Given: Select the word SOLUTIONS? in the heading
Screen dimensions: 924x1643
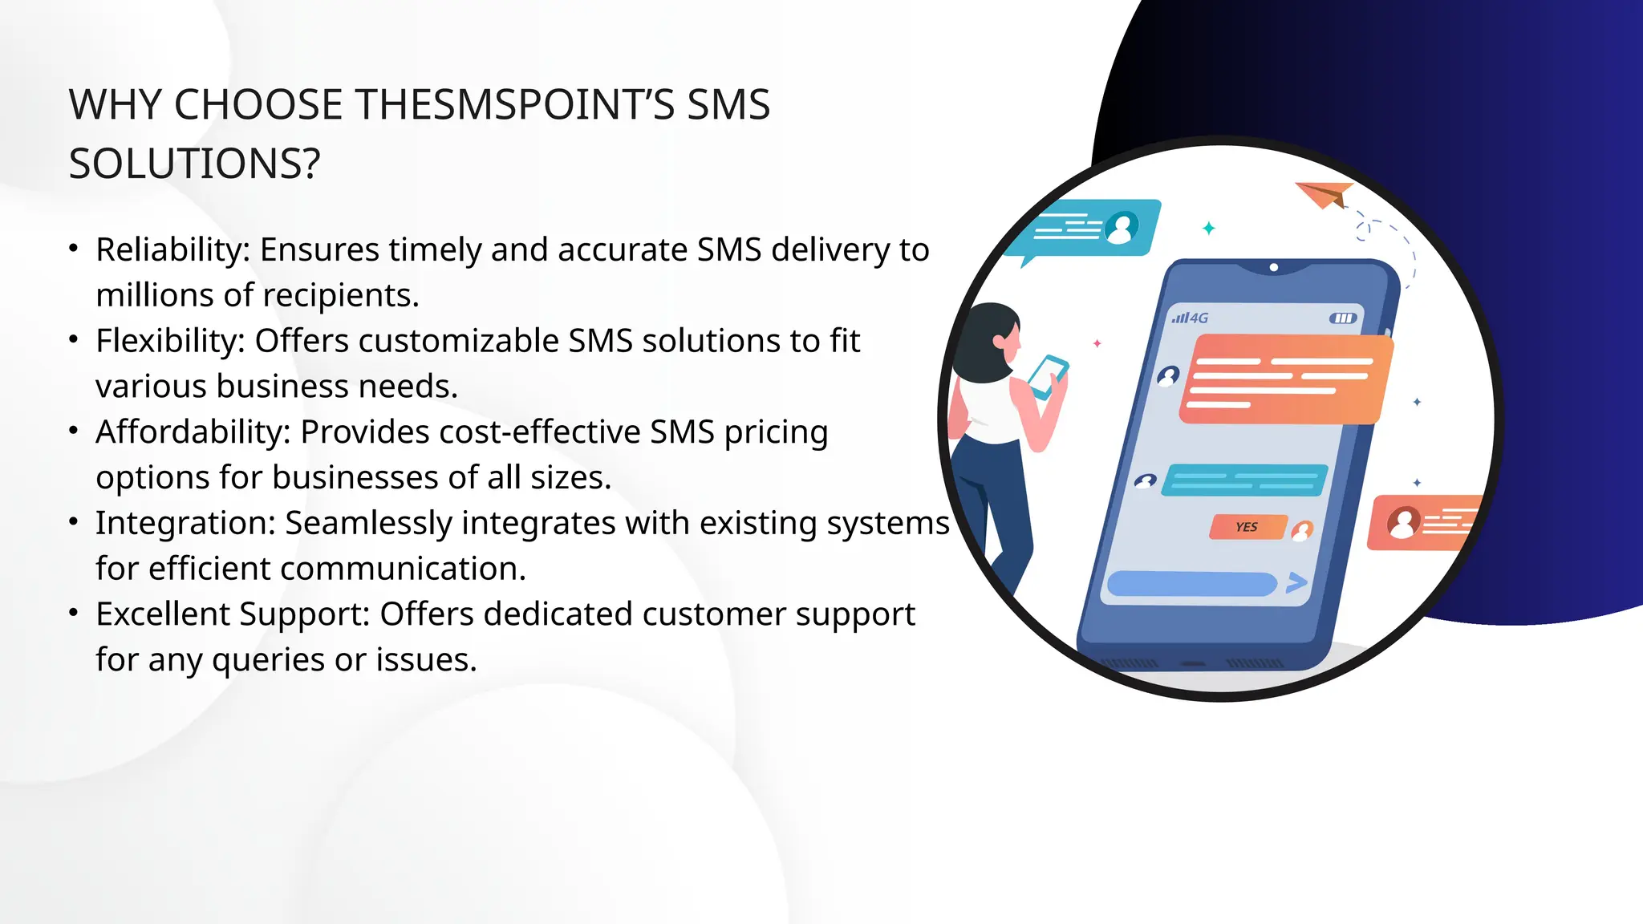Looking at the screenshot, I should click(194, 164).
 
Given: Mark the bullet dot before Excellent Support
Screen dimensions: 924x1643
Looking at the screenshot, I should click(74, 614).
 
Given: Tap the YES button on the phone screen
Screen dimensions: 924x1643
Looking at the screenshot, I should click(1247, 527).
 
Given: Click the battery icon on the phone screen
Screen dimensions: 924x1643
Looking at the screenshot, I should click(1343, 318).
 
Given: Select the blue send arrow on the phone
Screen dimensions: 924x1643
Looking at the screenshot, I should click(1296, 582).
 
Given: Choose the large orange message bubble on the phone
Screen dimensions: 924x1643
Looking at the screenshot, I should click(1284, 379).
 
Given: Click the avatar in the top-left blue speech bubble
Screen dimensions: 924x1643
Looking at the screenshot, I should click(1122, 228).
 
